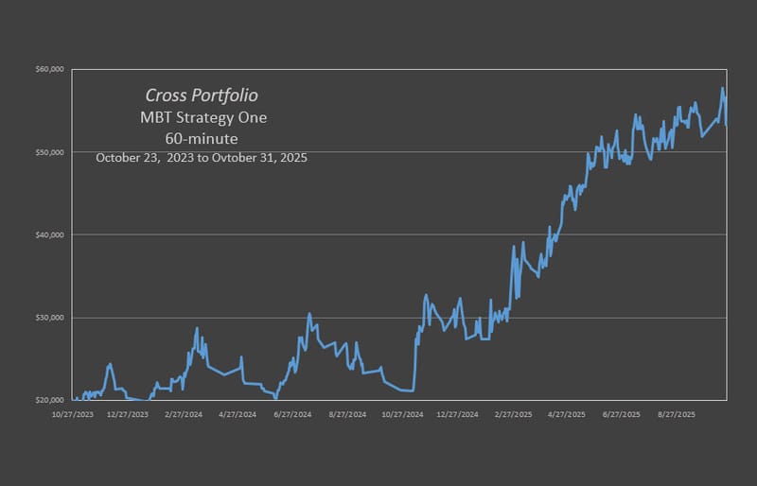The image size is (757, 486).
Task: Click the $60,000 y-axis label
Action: click(x=49, y=69)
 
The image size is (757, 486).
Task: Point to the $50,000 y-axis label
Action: click(x=49, y=152)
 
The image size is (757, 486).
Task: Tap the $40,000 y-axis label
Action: click(x=49, y=234)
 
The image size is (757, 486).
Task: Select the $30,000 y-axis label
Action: click(x=49, y=318)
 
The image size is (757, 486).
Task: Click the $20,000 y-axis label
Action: click(x=49, y=400)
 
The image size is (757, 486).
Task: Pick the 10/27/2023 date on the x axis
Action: click(x=73, y=414)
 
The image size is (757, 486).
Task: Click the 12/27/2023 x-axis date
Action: click(x=128, y=414)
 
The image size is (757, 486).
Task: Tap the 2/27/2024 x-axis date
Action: click(x=183, y=414)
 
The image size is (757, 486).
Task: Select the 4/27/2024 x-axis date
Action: click(x=237, y=414)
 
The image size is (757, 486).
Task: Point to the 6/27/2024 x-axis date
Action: click(x=291, y=414)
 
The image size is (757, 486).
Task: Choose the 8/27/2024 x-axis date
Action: click(x=346, y=414)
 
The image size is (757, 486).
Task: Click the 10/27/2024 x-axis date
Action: click(x=401, y=414)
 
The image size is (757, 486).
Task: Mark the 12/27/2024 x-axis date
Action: click(x=456, y=414)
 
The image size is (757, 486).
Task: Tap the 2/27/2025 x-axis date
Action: click(x=511, y=414)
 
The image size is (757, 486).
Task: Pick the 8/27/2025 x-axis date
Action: click(x=676, y=414)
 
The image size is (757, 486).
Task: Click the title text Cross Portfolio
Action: click(x=202, y=95)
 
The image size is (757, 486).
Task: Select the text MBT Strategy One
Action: click(x=201, y=118)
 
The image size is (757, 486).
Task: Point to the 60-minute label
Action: click(x=201, y=139)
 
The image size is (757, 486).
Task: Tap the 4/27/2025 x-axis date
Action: click(x=566, y=414)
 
